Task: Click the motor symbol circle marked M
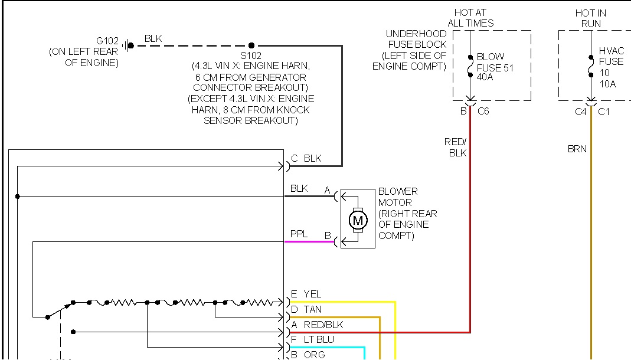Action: click(x=357, y=220)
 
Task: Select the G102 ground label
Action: click(x=107, y=41)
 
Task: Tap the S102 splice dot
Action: click(x=251, y=45)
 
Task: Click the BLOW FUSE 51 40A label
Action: click(x=494, y=68)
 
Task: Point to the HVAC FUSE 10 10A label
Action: click(x=611, y=67)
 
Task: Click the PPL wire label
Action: click(x=299, y=234)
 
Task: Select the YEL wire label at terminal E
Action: click(x=312, y=294)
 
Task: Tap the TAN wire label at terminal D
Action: click(x=313, y=309)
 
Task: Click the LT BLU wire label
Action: click(x=319, y=340)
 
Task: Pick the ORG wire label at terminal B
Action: click(x=313, y=355)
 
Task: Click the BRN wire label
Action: click(x=577, y=149)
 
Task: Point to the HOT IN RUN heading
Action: click(x=590, y=18)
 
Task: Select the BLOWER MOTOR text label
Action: click(x=398, y=197)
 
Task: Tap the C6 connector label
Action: click(x=483, y=111)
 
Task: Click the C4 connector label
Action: click(x=581, y=111)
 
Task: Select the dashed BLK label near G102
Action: click(x=153, y=39)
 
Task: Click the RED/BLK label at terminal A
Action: click(x=323, y=325)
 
